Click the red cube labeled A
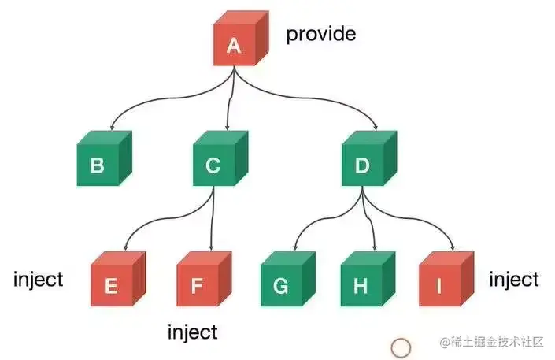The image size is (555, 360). pos(235,43)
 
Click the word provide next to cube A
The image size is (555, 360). pos(320,34)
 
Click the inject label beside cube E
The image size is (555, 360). pos(38,280)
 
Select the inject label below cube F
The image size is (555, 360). pos(192,332)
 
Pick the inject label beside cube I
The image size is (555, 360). pos(514,280)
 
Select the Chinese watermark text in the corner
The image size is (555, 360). pos(492,343)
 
